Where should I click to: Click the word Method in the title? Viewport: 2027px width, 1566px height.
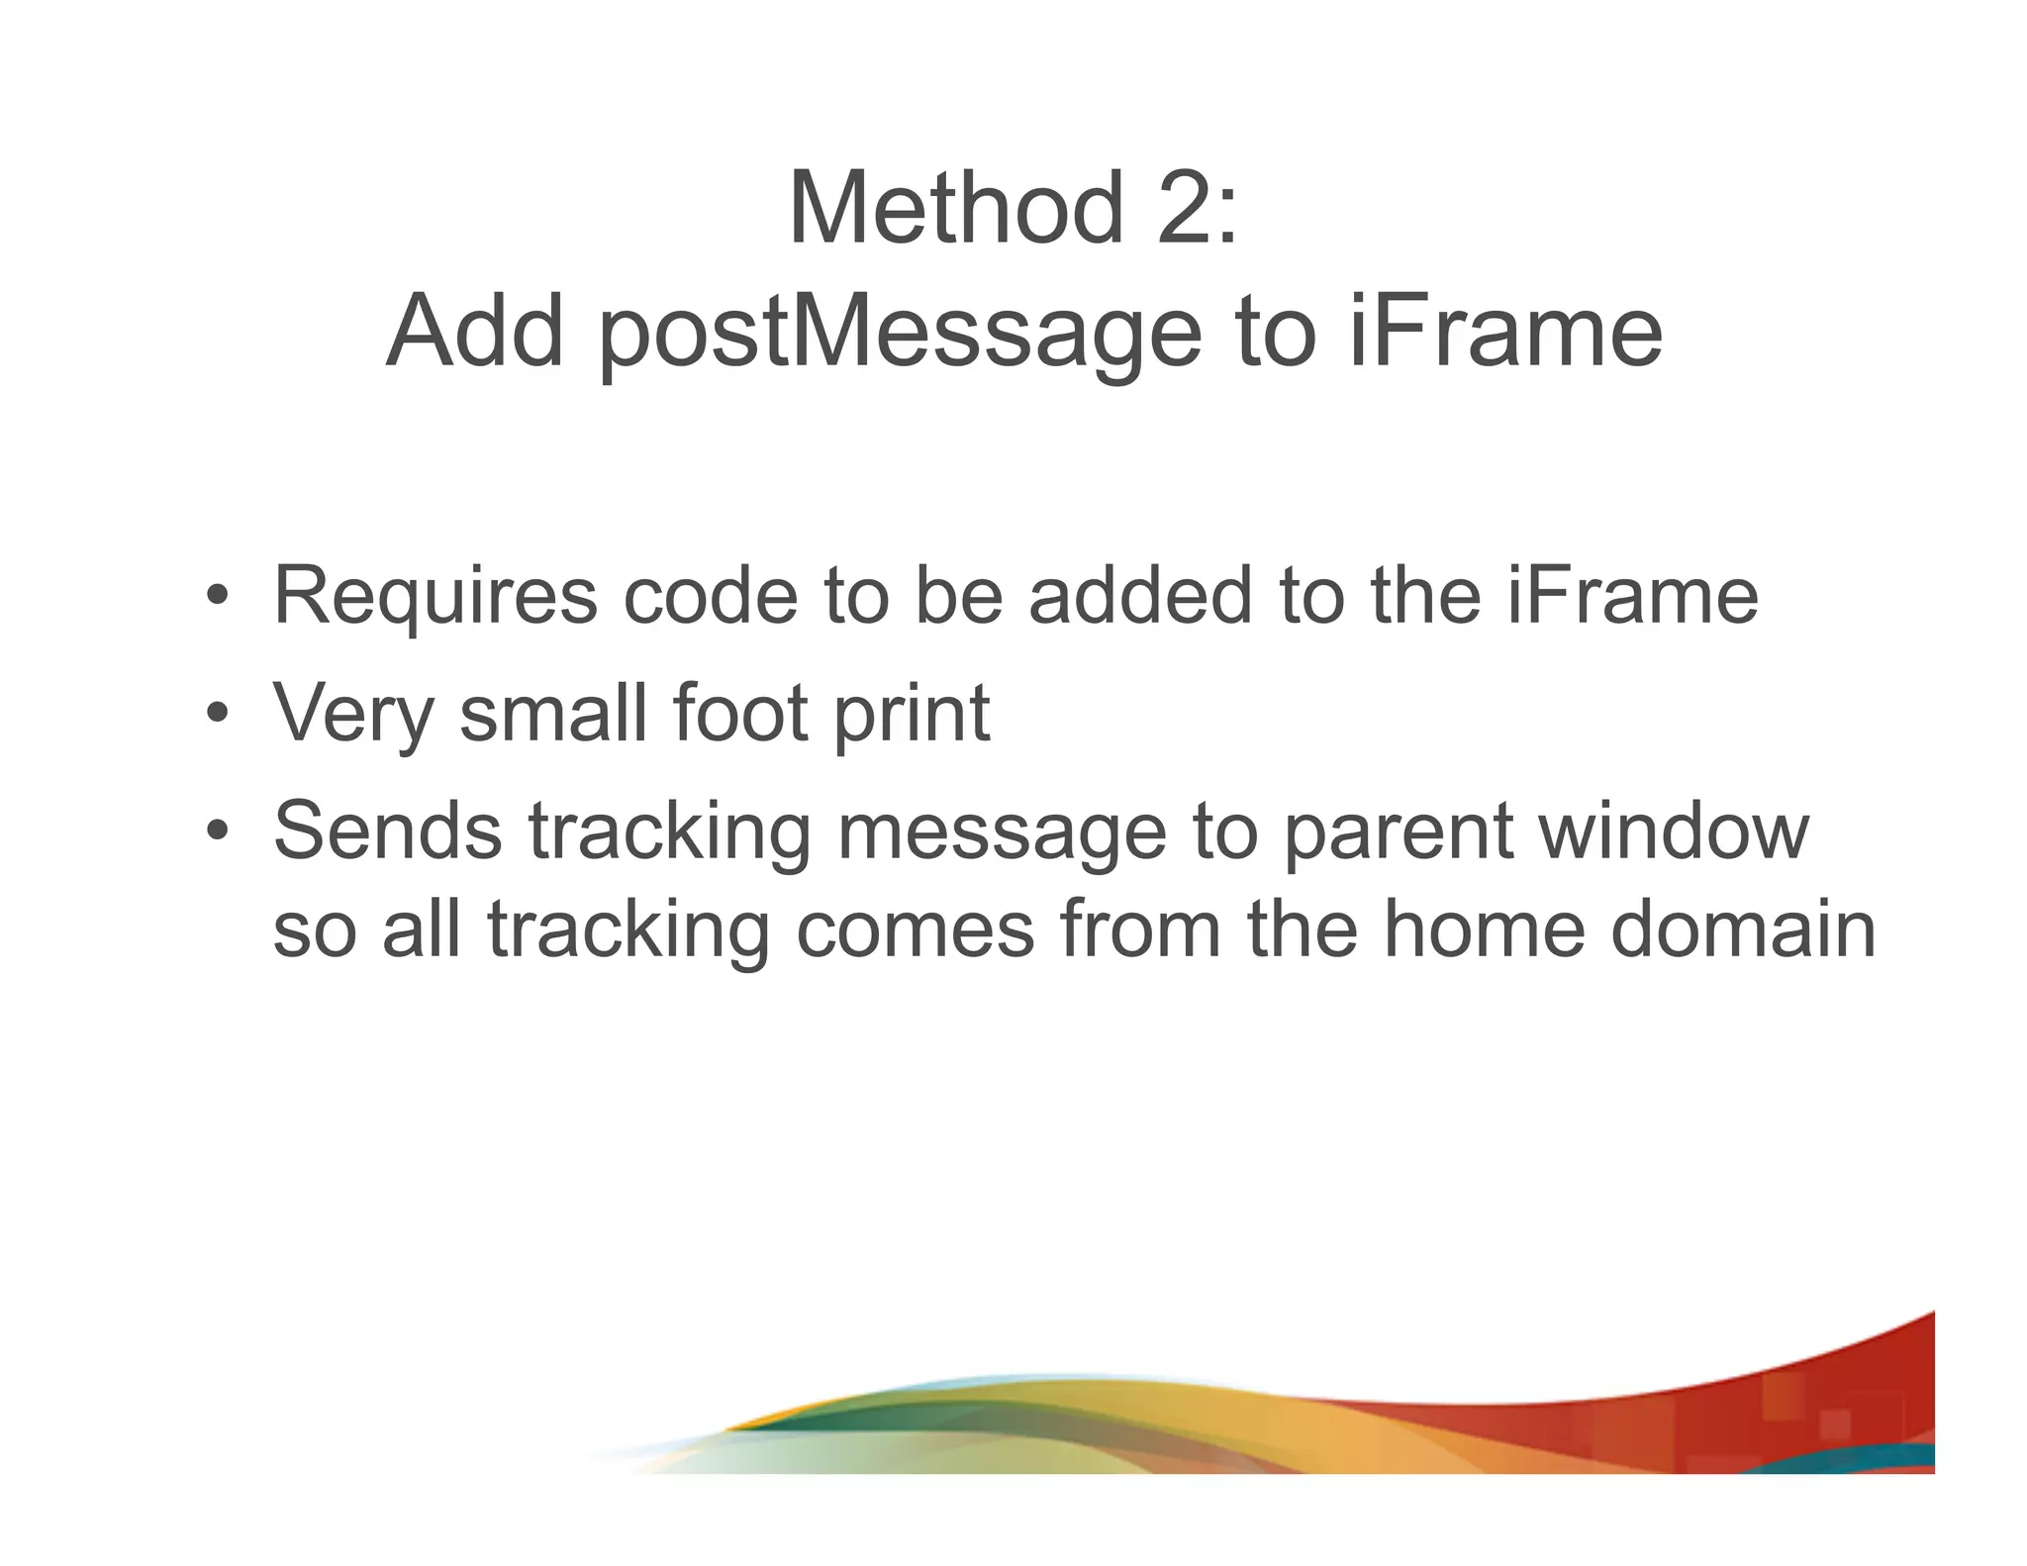coord(956,209)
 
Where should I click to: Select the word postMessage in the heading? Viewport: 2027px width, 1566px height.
coord(900,333)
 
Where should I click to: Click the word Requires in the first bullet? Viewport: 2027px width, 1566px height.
coord(435,597)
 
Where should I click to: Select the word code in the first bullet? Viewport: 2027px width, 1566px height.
coord(710,597)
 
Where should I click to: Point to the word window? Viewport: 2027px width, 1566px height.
coord(1674,831)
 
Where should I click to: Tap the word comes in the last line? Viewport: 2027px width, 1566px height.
coord(916,931)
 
